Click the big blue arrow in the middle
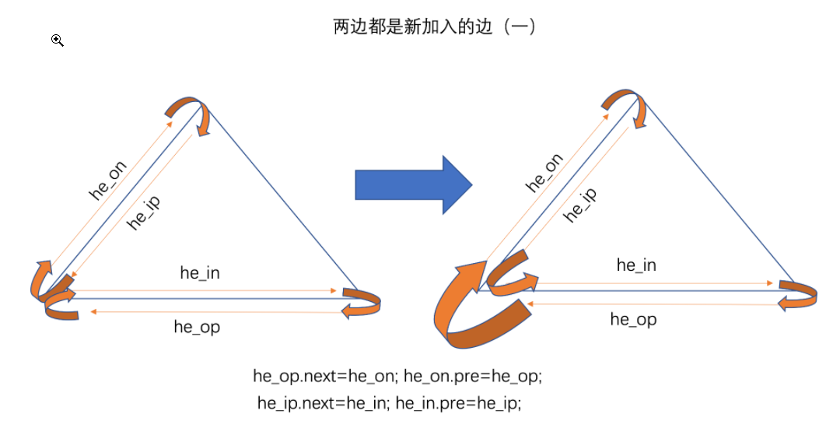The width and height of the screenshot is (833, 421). pos(412,184)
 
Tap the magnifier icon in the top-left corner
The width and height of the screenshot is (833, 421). pos(58,40)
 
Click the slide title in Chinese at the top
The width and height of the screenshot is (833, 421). pos(434,26)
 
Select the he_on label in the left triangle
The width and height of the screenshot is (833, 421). pos(108,183)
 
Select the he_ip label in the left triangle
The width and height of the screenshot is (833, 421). pos(143,211)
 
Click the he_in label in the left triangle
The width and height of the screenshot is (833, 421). pos(200,272)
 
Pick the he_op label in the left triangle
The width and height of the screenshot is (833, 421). pos(197,327)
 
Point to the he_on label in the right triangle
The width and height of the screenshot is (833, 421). pos(544,173)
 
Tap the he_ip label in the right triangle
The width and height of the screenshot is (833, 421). pos(580,205)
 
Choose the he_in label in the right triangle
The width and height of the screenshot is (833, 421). pos(636,265)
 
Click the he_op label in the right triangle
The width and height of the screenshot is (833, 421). pos(633,319)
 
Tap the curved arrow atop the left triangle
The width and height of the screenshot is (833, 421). pos(191,114)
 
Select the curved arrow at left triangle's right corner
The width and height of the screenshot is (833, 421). pos(362,302)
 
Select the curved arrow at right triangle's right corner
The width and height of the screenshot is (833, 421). pos(799,295)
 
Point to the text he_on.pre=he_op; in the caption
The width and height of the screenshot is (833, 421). pos(471,376)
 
